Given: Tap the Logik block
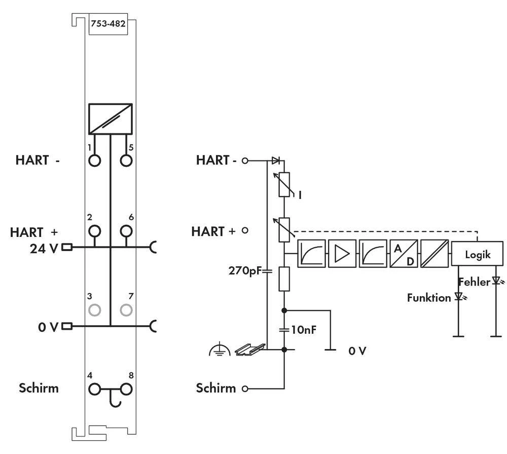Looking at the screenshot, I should tap(478, 254).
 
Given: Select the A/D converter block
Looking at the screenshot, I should tap(404, 254).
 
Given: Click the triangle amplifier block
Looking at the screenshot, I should tap(342, 254).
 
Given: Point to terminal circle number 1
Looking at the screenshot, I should tap(95, 161).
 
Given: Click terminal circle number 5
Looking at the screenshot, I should tap(126, 161).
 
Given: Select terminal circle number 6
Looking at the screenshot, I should tap(126, 231).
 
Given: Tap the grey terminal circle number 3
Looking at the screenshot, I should tap(95, 309).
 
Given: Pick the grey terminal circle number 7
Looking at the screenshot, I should tap(126, 309).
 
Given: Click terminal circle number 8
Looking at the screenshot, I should tap(126, 390).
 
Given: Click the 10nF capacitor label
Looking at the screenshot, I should tap(304, 330).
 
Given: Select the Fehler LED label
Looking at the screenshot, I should tap(474, 281).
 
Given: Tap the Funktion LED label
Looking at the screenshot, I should tap(428, 298).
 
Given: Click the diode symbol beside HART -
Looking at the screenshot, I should tap(275, 160).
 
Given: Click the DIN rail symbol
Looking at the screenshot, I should tap(250, 348).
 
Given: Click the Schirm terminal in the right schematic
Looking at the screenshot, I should tap(246, 389).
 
